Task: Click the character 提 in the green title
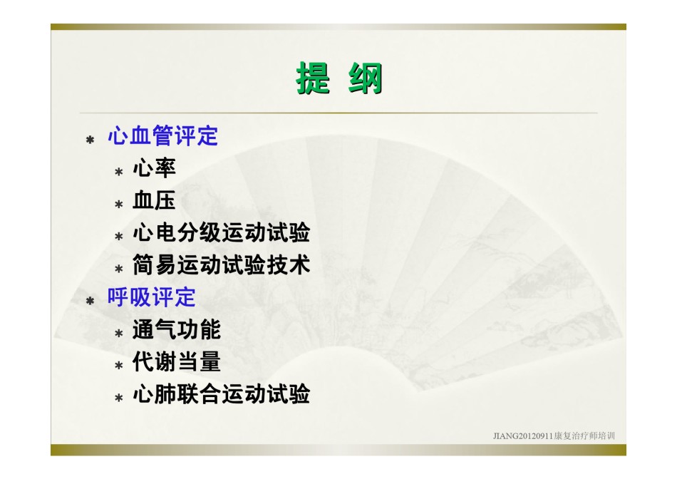point(314,78)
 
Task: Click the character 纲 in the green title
point(366,78)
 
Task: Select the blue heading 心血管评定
point(162,136)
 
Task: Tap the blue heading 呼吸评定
point(152,297)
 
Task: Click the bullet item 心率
point(154,168)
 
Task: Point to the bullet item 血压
point(154,200)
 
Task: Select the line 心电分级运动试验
point(221,233)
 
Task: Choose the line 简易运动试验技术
point(221,264)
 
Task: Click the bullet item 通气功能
point(177,329)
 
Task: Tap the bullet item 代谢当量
point(177,362)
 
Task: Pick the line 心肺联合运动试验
point(221,394)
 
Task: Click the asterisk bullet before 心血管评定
point(90,140)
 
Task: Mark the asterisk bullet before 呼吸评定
point(90,301)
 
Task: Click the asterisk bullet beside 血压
point(119,204)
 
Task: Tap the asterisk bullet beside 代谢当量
point(119,366)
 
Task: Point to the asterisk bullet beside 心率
point(119,172)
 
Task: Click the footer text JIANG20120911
point(523,436)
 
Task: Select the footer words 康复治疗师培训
point(584,436)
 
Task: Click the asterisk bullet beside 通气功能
point(119,334)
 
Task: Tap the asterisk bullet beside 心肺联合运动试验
point(119,398)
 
